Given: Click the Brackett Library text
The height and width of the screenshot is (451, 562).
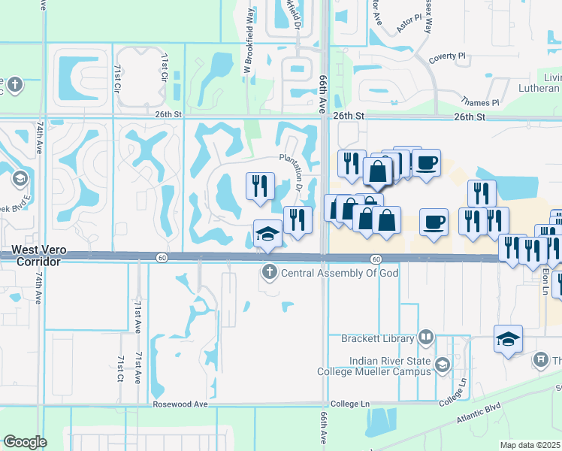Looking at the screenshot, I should [379, 337].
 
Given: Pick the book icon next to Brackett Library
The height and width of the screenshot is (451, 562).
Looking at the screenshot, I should [426, 337].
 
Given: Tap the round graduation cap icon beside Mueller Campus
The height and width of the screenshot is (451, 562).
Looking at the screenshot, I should [443, 365].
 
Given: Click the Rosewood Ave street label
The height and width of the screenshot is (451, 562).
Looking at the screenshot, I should [180, 404].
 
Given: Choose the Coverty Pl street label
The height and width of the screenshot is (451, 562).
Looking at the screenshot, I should [448, 56].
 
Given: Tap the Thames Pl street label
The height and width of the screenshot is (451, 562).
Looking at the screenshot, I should [481, 102].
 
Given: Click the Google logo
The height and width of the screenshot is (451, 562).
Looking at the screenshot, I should [25, 442].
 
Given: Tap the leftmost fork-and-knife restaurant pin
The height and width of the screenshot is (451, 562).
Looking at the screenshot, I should [261, 185].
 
